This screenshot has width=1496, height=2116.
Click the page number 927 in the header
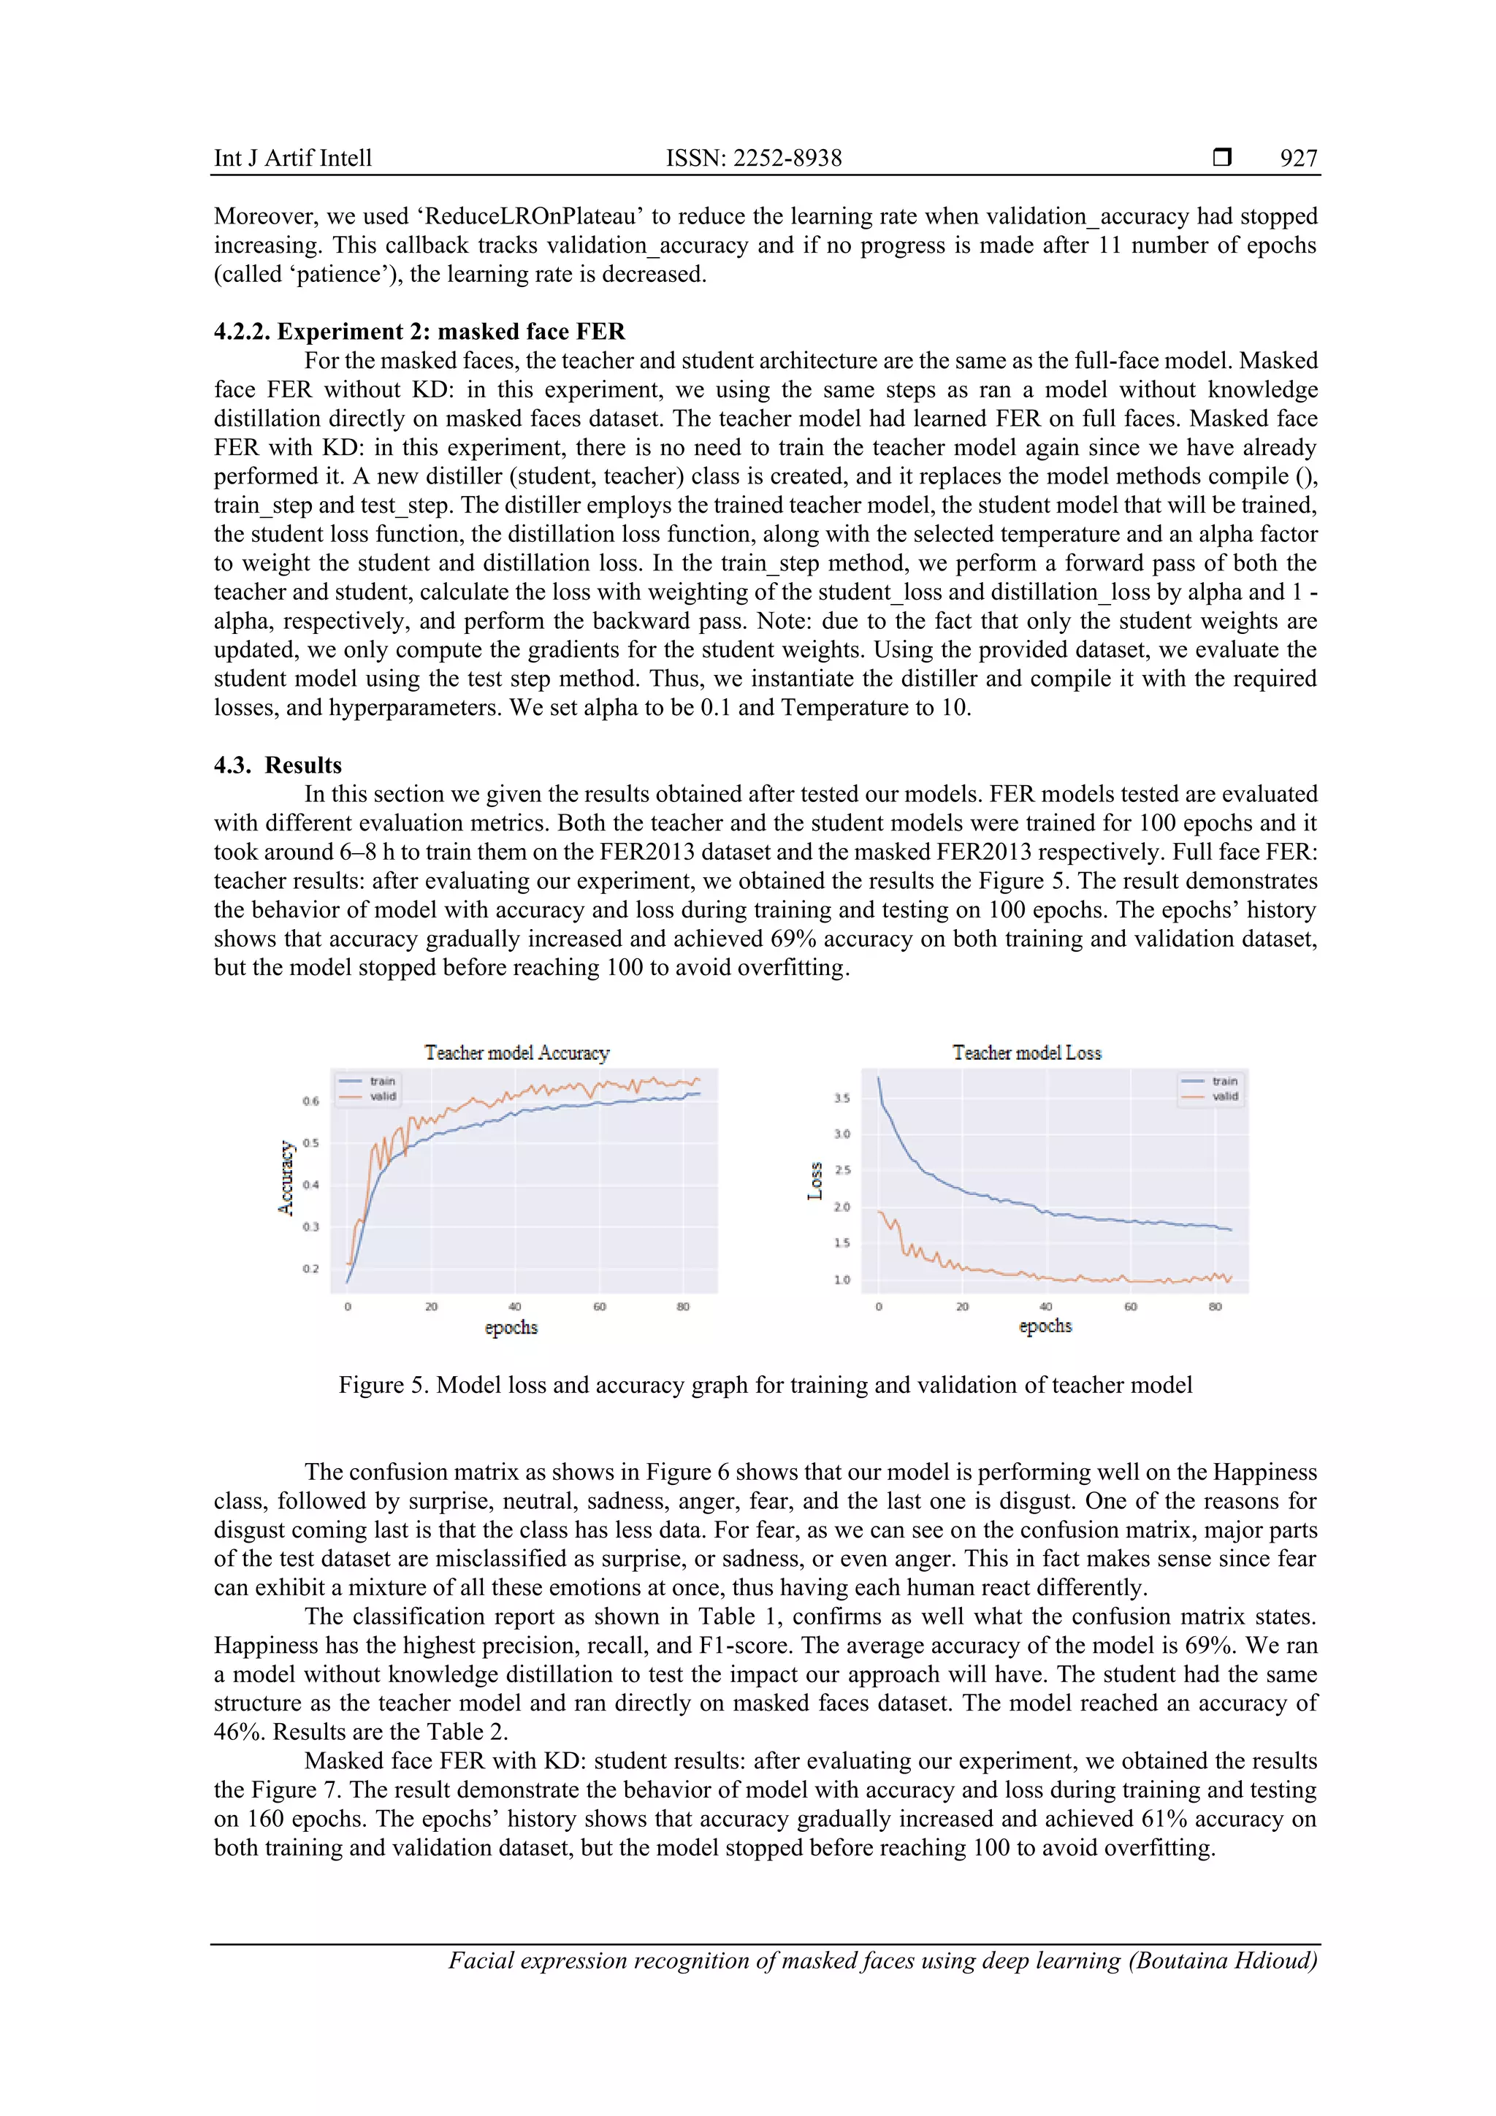1298,158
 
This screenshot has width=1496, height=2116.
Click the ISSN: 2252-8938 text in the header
753,158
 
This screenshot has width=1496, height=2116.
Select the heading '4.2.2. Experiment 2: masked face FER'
419,332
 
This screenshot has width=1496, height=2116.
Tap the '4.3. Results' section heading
278,765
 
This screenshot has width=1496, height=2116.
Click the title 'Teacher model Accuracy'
516,1053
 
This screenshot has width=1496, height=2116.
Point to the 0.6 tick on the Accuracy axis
310,1101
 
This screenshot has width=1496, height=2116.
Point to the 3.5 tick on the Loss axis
841,1099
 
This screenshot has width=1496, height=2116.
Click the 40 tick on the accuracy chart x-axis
514,1307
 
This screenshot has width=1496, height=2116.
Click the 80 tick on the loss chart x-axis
1215,1307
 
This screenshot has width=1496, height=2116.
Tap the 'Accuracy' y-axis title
286,1178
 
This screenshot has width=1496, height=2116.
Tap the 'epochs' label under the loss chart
1045,1326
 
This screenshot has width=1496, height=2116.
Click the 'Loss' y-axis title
814,1180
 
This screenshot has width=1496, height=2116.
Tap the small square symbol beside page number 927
1221,158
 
